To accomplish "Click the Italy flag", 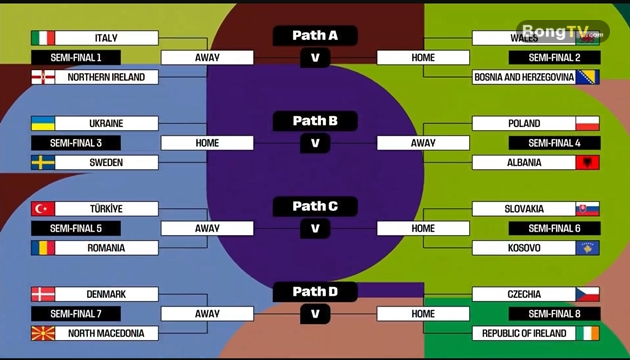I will pyautogui.click(x=43, y=38).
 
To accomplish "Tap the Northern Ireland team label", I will pyautogui.click(x=106, y=77).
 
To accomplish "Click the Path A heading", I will pyautogui.click(x=315, y=36).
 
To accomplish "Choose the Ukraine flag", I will pyautogui.click(x=43, y=124).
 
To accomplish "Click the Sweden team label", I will pyautogui.click(x=106, y=162).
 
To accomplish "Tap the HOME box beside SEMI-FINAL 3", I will pyautogui.click(x=207, y=143).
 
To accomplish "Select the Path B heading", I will pyautogui.click(x=315, y=121).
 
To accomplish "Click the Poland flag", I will pyautogui.click(x=587, y=124).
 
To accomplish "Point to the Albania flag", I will pyautogui.click(x=587, y=162).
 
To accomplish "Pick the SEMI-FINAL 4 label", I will pyautogui.click(x=548, y=143).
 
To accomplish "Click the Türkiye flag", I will pyautogui.click(x=43, y=209).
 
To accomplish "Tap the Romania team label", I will pyautogui.click(x=106, y=247).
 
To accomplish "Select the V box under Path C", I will pyautogui.click(x=315, y=229).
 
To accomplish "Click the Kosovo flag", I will pyautogui.click(x=587, y=247).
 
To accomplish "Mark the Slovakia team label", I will pyautogui.click(x=524, y=209).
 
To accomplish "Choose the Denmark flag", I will pyautogui.click(x=43, y=294).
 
